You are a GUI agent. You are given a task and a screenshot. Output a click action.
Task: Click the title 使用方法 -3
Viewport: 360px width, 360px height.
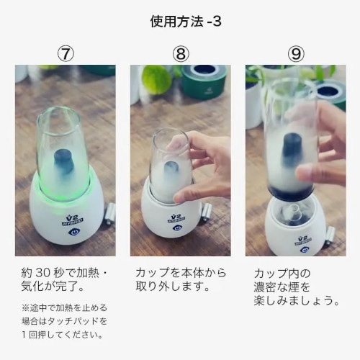point(186,22)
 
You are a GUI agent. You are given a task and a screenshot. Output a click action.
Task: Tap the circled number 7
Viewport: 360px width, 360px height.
point(66,53)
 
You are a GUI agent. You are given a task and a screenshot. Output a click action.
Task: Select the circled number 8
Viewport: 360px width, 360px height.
point(181,53)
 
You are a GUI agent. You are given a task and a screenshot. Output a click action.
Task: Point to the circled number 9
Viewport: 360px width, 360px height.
point(296,53)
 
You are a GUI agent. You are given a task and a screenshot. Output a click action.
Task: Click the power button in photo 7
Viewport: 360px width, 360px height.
point(73,231)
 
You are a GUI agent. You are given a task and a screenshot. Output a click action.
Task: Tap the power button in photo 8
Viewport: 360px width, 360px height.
point(177,228)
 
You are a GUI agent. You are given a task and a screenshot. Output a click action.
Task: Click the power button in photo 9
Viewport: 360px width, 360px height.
point(303,250)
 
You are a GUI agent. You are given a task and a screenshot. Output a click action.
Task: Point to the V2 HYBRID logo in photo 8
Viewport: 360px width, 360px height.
point(176,218)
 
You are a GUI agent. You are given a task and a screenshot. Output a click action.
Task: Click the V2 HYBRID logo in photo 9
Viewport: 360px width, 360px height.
point(303,240)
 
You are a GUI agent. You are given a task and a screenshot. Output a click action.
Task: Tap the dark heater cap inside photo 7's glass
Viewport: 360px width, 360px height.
point(63,161)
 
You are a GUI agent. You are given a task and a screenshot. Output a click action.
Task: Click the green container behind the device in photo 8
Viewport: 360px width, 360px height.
point(204,81)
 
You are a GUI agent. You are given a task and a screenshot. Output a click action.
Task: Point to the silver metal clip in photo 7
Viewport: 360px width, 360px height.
point(110,214)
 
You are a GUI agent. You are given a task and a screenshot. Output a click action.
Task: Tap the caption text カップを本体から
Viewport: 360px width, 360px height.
point(181,273)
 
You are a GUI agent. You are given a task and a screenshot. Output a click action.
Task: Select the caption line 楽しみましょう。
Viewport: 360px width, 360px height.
point(297,301)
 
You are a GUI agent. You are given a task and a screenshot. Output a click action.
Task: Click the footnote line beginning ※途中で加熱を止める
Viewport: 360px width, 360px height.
point(64,307)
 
